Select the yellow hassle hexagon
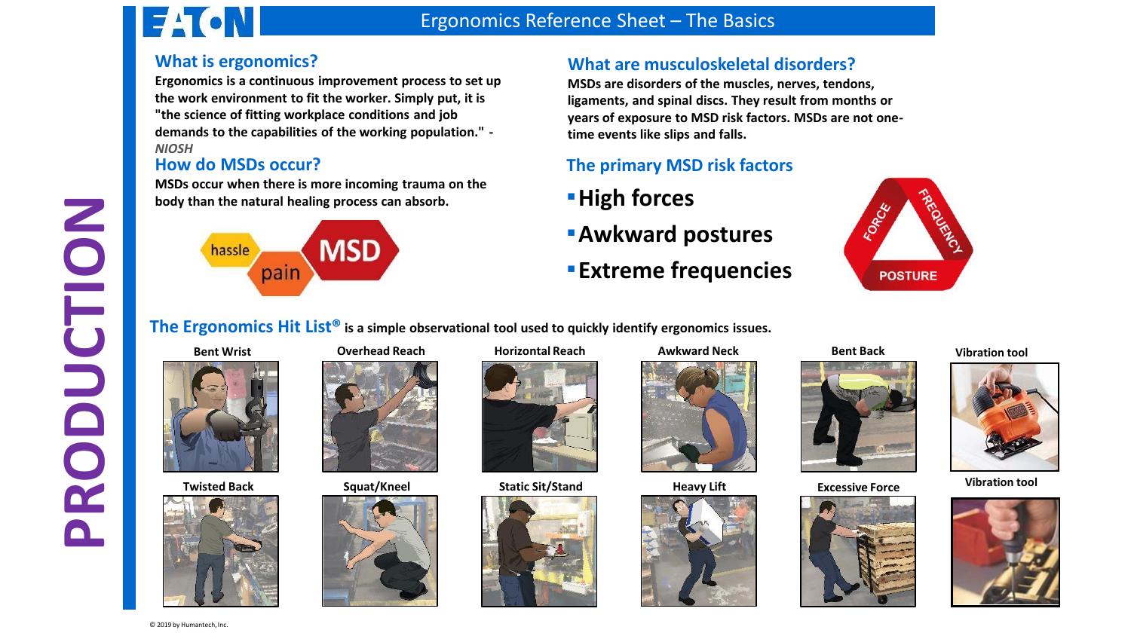(230, 250)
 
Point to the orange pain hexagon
(280, 273)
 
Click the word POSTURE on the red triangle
(908, 276)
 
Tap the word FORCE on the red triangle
(877, 222)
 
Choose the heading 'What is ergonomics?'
(236, 61)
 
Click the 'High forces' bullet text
(636, 198)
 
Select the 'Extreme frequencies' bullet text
(685, 271)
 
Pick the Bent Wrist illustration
(221, 416)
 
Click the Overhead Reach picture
(380, 416)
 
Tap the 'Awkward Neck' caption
(698, 351)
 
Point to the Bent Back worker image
(858, 416)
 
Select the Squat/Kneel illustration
(380, 551)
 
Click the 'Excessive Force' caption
(858, 488)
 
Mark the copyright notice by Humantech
(188, 625)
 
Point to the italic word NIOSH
(173, 148)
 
